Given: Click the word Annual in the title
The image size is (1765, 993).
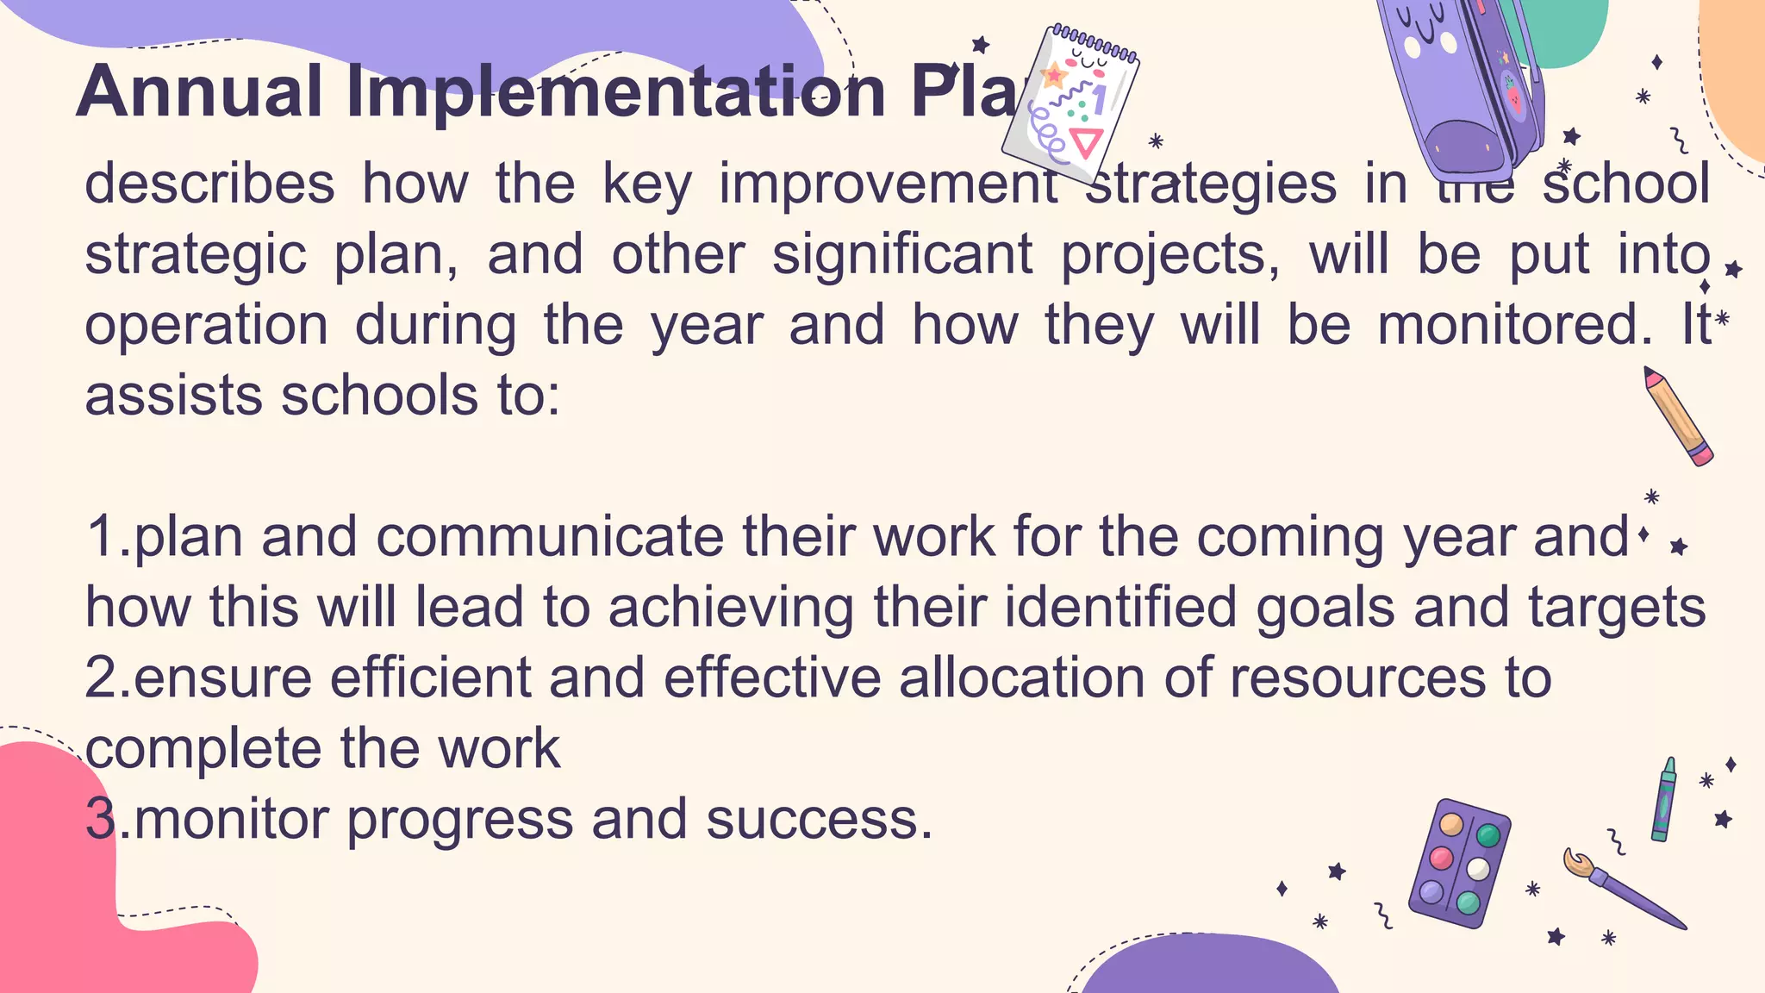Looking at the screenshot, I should coord(199,91).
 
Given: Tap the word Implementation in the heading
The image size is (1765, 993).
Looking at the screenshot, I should coord(616,91).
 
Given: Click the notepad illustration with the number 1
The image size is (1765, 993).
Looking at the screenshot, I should coord(1071,103).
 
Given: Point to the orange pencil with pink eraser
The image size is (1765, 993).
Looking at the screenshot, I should coord(1677,416).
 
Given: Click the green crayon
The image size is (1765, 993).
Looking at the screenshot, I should coord(1663,799).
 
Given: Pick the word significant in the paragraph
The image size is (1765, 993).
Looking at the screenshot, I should coord(901,254).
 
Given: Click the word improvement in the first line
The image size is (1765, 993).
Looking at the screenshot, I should coord(889,184).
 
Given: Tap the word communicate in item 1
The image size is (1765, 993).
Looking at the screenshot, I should coord(550,536).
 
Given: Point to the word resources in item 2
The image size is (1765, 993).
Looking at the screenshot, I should coord(1357,678).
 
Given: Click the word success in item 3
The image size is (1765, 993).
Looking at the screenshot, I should coord(819,819).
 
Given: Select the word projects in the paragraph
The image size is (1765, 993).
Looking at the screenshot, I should coord(1169,256).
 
